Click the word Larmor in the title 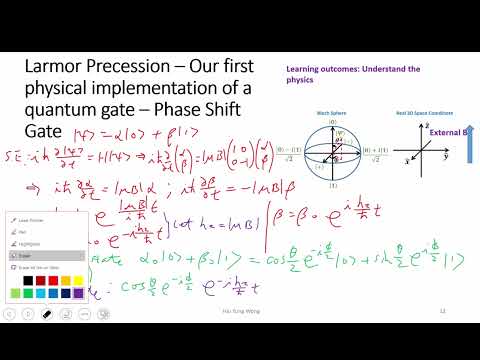(x=60, y=67)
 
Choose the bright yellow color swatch (x=78, y=280)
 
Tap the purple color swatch (x=78, y=293)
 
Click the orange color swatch (x=64, y=280)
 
